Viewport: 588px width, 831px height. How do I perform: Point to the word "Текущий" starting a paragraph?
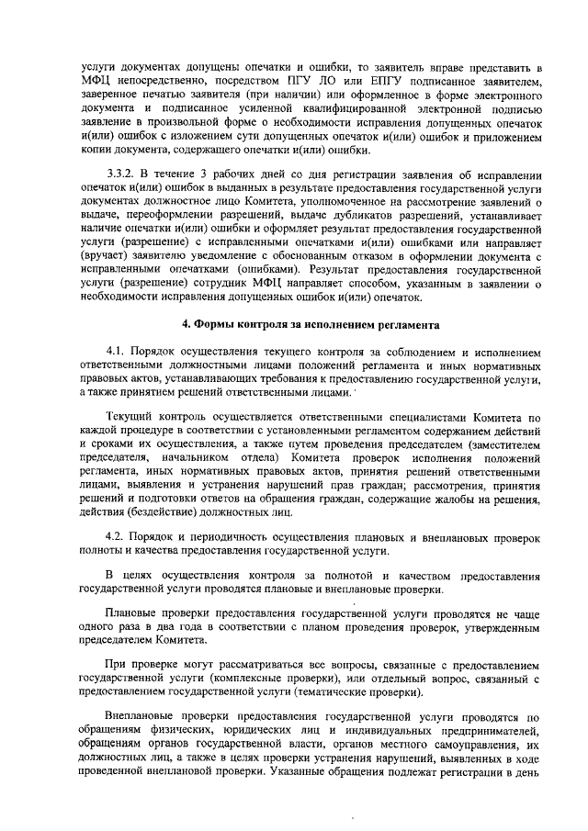pyautogui.click(x=131, y=418)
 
